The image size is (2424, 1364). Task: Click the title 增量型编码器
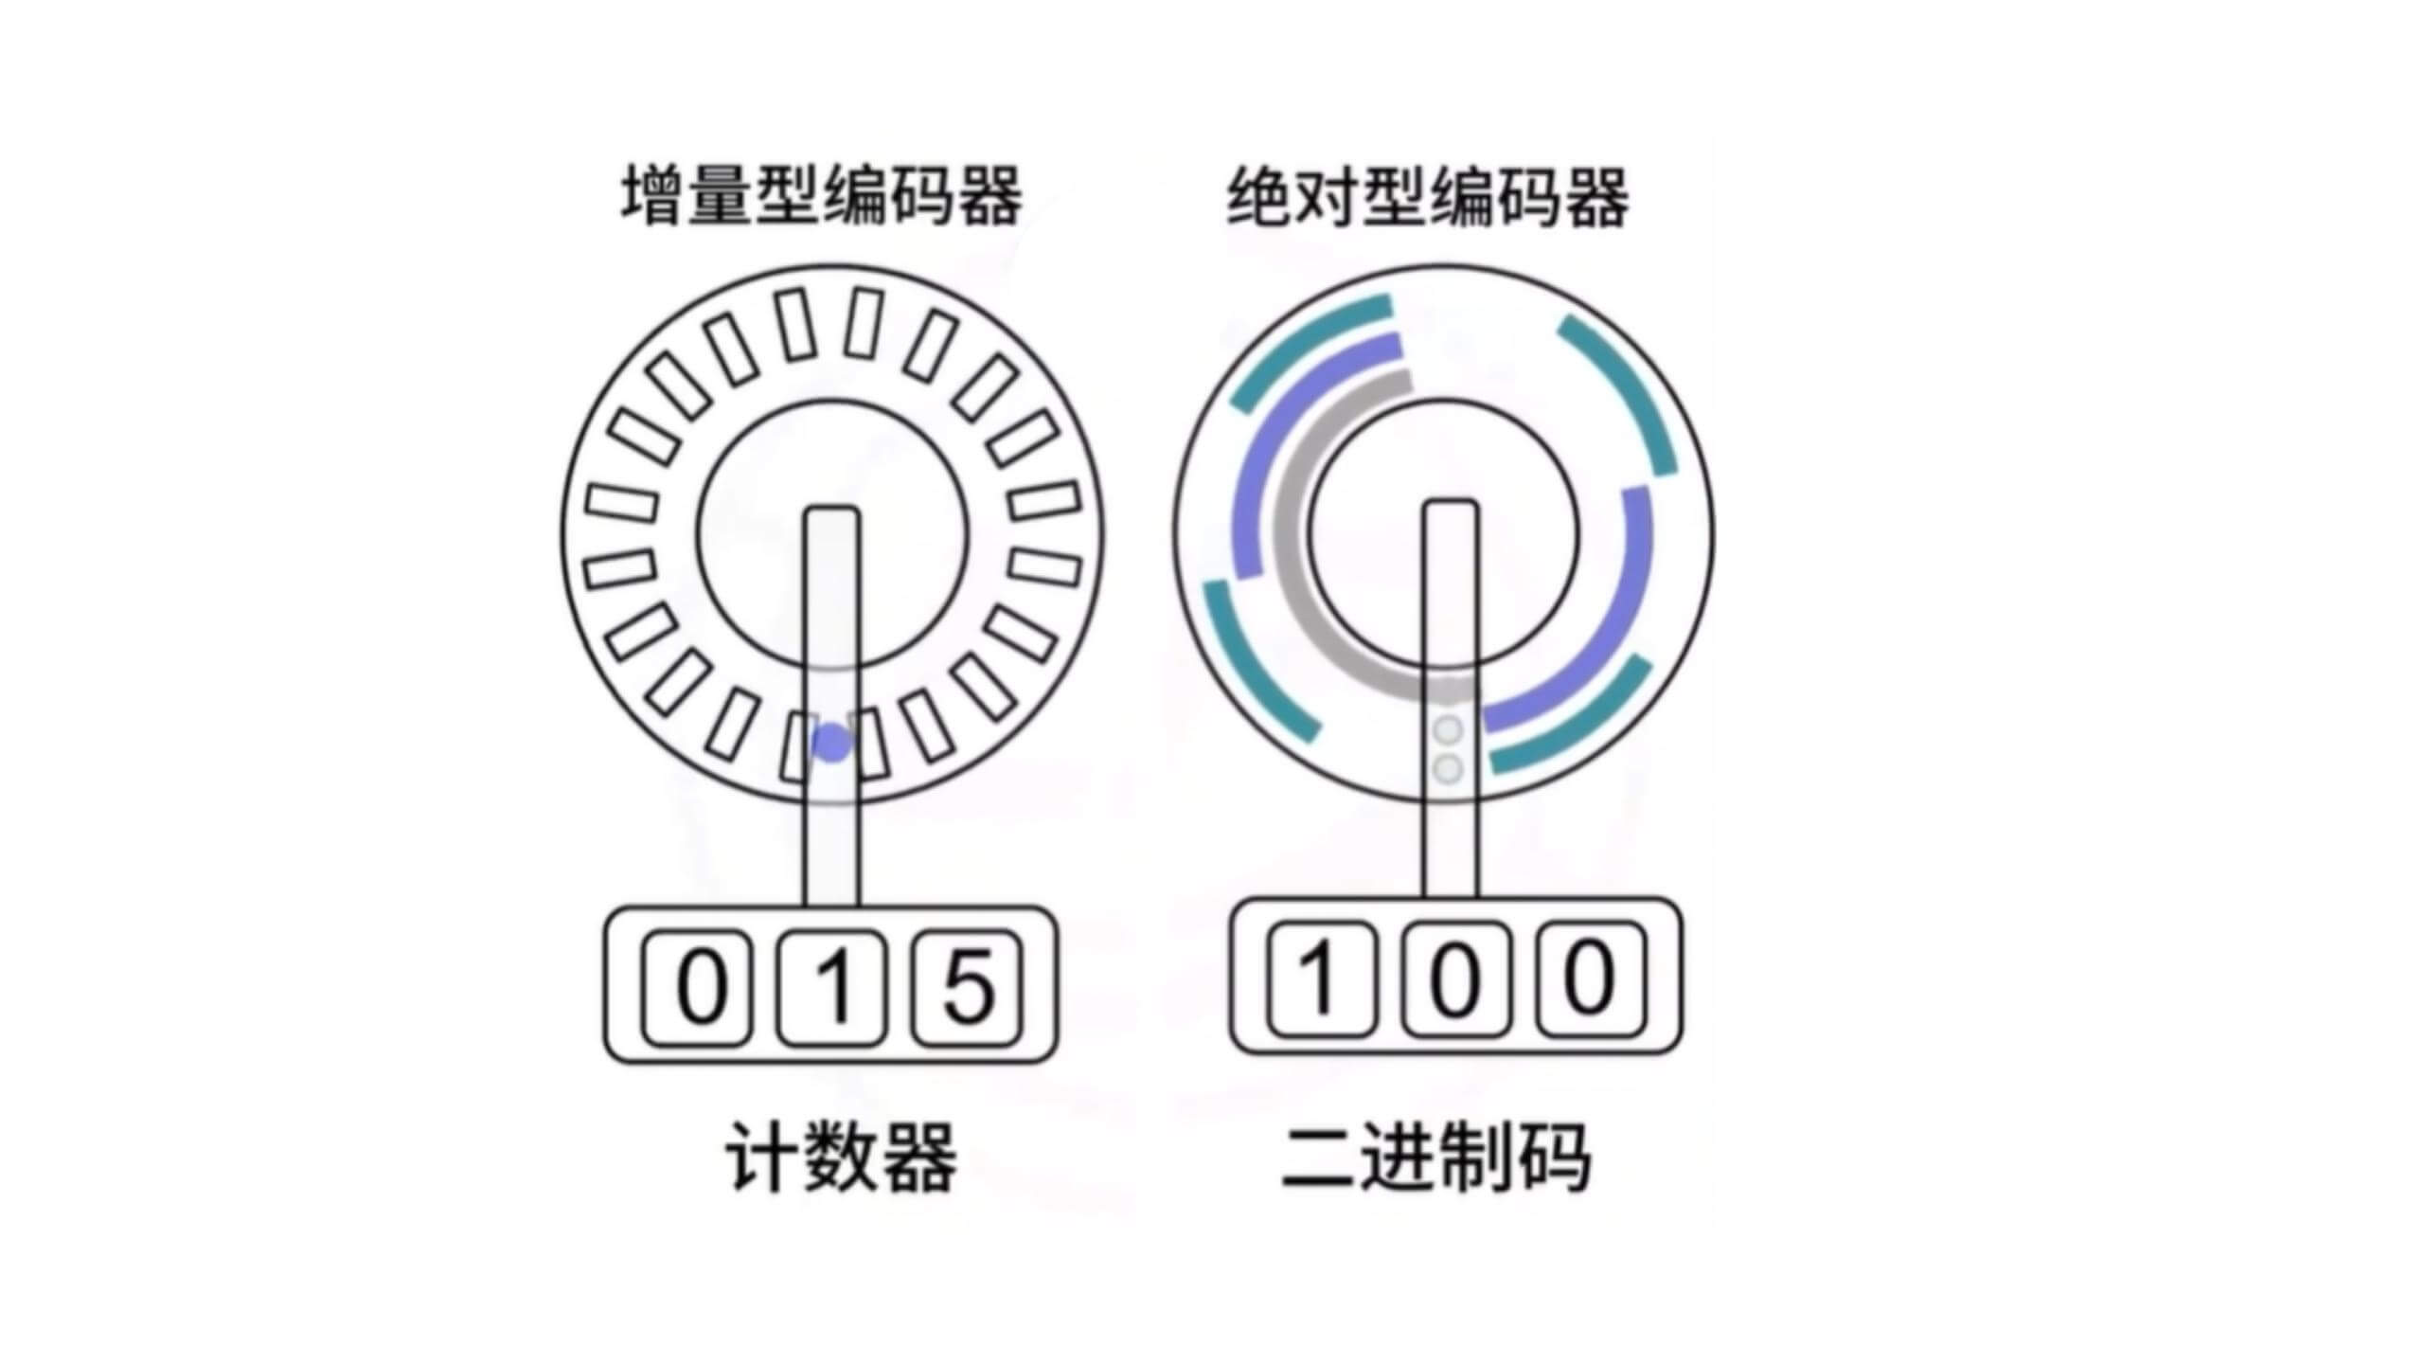pos(822,197)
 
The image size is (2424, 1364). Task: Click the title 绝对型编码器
pos(1428,197)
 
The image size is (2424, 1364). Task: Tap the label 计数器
pos(841,1158)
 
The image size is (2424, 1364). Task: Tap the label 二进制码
pos(1435,1158)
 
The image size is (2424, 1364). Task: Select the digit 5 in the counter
pos(967,987)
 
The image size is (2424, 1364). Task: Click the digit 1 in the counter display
pos(832,987)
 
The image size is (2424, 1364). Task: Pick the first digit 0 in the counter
pos(699,987)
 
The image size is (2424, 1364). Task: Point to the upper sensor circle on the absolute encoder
pos(1449,730)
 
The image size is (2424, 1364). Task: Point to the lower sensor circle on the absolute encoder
pos(1449,768)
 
